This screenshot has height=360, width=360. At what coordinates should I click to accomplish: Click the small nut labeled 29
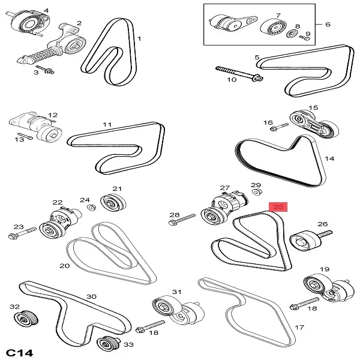tap(256, 192)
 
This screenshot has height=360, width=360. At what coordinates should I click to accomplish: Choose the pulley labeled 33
tap(106, 344)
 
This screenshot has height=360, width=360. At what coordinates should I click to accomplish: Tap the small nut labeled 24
tap(92, 208)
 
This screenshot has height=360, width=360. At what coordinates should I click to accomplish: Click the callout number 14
tap(329, 159)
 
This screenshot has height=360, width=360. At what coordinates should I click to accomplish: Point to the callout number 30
tap(91, 296)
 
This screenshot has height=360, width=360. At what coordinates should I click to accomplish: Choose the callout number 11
tap(107, 125)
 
